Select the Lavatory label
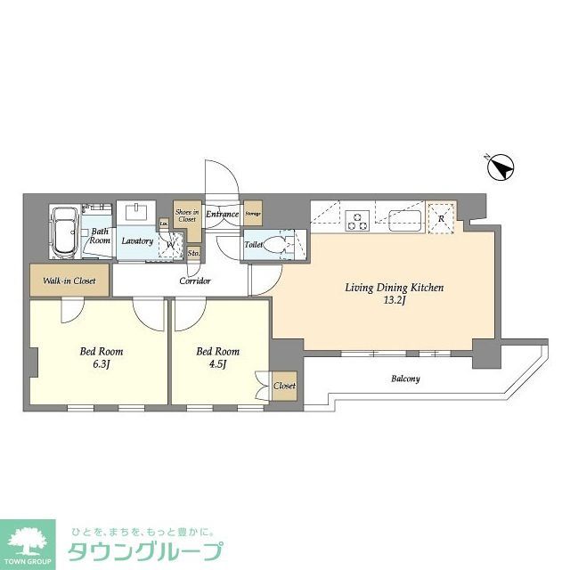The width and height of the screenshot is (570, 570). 137,241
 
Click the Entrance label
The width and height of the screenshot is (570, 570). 223,215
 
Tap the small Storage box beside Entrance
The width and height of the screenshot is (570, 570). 253,214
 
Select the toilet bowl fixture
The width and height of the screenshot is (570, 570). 283,244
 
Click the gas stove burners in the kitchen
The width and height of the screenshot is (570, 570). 358,218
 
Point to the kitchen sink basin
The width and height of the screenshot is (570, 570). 405,218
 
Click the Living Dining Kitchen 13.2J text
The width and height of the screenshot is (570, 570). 395,294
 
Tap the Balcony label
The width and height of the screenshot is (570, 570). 405,379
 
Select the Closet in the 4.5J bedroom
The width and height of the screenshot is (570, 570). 285,387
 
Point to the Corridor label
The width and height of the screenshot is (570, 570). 195,281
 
